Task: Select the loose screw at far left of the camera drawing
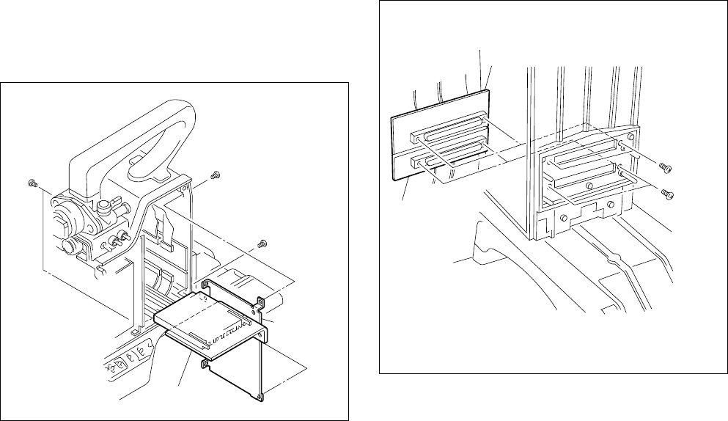click(32, 182)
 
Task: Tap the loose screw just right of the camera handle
click(215, 176)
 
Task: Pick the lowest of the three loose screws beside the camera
click(260, 244)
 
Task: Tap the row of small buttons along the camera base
click(128, 356)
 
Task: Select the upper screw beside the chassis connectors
click(666, 167)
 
